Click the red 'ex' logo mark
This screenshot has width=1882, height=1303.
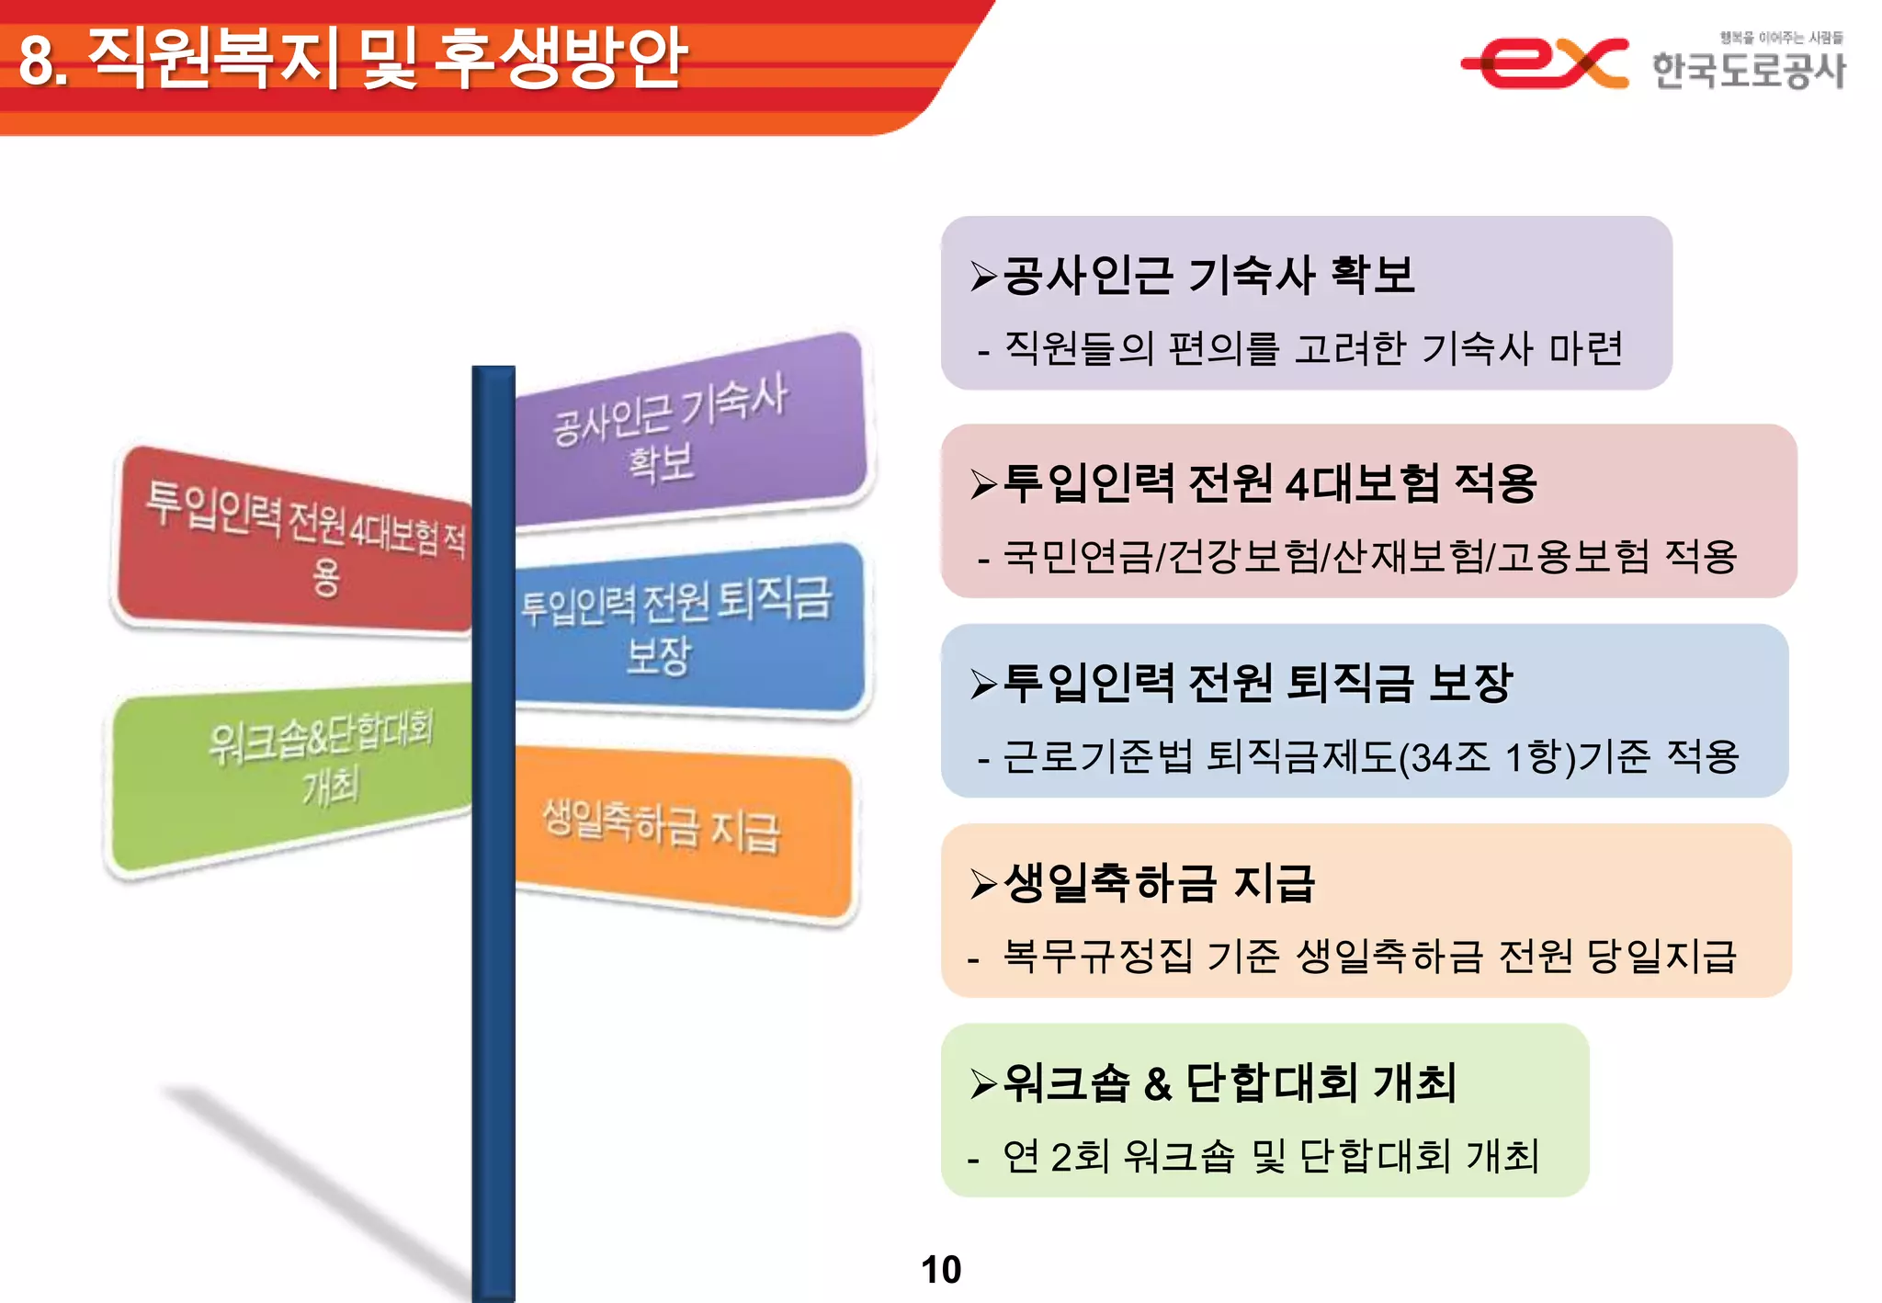1544,62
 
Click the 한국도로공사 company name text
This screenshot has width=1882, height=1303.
1748,70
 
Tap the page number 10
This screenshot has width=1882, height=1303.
940,1269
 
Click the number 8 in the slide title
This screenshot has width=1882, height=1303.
37,61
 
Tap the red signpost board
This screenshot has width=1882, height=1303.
294,542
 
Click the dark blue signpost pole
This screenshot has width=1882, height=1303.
493,1011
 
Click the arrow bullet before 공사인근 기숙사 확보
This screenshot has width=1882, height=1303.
983,276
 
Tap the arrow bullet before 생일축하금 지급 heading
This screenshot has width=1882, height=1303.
983,883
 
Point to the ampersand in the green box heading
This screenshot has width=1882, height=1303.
1158,1084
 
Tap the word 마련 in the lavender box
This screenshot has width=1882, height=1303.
1587,349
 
